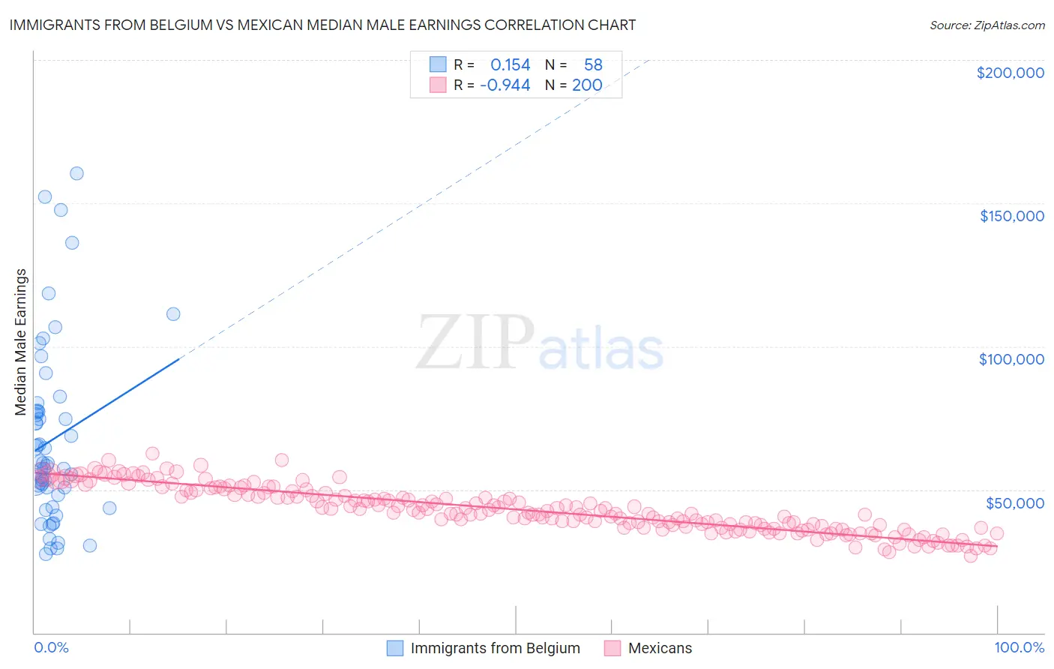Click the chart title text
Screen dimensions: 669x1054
(x=322, y=25)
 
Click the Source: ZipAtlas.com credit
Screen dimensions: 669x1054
(x=987, y=25)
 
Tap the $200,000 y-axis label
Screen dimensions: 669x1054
(x=1010, y=73)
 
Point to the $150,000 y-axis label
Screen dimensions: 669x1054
(x=1011, y=216)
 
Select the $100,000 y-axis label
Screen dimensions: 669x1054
(x=1011, y=359)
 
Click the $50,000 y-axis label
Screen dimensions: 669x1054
(x=1014, y=502)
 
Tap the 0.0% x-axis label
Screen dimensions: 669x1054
(x=51, y=647)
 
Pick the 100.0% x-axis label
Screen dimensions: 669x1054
(x=1019, y=647)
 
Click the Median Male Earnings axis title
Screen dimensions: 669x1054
(x=21, y=341)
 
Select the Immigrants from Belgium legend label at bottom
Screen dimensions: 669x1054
(x=495, y=648)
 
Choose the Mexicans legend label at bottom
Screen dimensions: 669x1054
(x=660, y=648)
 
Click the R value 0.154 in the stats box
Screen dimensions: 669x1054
(x=510, y=65)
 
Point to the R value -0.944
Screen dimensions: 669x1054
(x=505, y=85)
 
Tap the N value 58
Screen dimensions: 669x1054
(x=593, y=65)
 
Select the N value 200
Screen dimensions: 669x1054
(x=587, y=85)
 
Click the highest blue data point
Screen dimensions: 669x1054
(x=76, y=173)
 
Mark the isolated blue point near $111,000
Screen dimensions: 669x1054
(x=173, y=314)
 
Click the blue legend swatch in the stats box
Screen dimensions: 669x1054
(x=438, y=64)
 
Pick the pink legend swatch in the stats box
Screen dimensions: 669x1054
(x=438, y=85)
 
